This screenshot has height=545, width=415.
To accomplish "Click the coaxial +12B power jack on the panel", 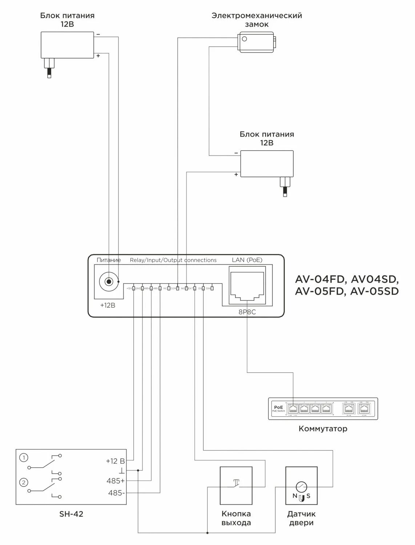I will [108, 282].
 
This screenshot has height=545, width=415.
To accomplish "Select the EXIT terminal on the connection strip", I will [195, 288].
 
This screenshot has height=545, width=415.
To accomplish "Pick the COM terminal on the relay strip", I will [177, 288].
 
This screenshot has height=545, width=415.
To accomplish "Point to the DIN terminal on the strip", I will [212, 288].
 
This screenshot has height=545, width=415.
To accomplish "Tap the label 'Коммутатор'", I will [323, 429].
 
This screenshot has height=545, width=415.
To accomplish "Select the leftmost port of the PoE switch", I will [293, 408].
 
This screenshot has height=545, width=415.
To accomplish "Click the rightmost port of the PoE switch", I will [363, 408].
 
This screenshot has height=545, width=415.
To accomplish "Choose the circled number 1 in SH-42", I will [24, 458].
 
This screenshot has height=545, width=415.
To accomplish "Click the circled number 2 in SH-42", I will [24, 483].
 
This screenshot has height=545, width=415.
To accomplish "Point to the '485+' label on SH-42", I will [116, 481].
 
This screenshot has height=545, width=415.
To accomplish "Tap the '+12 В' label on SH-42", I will [115, 461].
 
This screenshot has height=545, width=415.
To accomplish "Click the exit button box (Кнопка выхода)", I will [236, 485].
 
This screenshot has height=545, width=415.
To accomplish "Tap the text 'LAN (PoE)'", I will [247, 260].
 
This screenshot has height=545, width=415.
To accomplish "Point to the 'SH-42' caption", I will [71, 514].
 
